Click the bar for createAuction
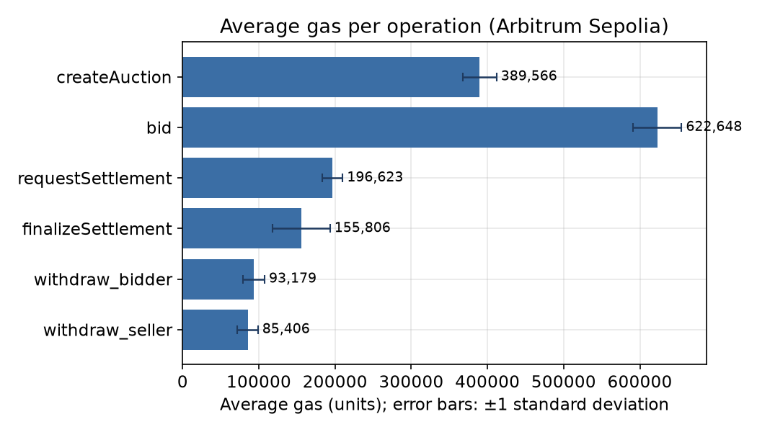[x=331, y=77]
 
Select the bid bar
[x=420, y=127]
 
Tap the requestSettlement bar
[x=257, y=178]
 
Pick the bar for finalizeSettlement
[x=242, y=228]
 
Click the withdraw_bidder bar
[x=218, y=279]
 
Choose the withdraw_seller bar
[x=216, y=330]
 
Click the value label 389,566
[x=528, y=76]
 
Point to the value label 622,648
[x=714, y=127]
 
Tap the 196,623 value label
[x=375, y=177]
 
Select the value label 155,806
[x=363, y=228]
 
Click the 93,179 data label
[x=293, y=278]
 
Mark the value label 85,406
[x=286, y=329]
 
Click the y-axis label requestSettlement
[x=94, y=179]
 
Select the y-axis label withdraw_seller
[x=107, y=330]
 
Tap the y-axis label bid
[x=159, y=127]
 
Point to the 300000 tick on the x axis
[x=411, y=382]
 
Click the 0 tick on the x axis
[x=182, y=382]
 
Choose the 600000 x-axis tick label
[x=639, y=382]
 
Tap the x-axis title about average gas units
[x=444, y=405]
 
